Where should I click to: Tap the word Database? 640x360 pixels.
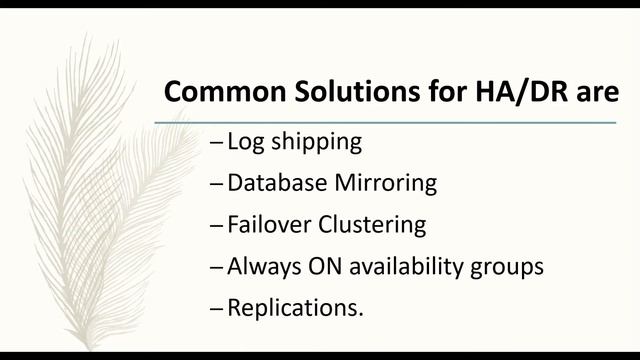pyautogui.click(x=276, y=183)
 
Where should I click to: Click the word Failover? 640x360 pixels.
pyautogui.click(x=269, y=225)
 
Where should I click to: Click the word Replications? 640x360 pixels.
pyautogui.click(x=295, y=309)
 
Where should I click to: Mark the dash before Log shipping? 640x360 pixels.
pyautogui.click(x=217, y=143)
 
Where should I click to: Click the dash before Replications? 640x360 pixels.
pyautogui.click(x=217, y=309)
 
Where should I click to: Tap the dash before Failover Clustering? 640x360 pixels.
pyautogui.click(x=217, y=226)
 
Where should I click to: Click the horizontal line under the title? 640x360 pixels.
pyautogui.click(x=385, y=122)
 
